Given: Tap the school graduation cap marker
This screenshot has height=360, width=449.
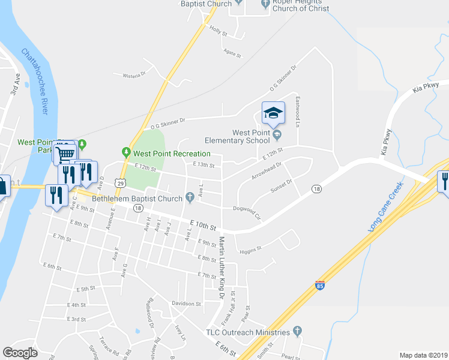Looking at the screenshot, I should [x=272, y=112].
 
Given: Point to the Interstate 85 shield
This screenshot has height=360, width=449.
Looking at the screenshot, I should [x=320, y=284].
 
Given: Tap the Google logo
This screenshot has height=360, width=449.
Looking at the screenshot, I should [x=20, y=352].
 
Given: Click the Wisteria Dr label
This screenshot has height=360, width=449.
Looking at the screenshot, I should [x=134, y=75].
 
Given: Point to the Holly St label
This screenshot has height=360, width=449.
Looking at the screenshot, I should [x=218, y=31].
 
